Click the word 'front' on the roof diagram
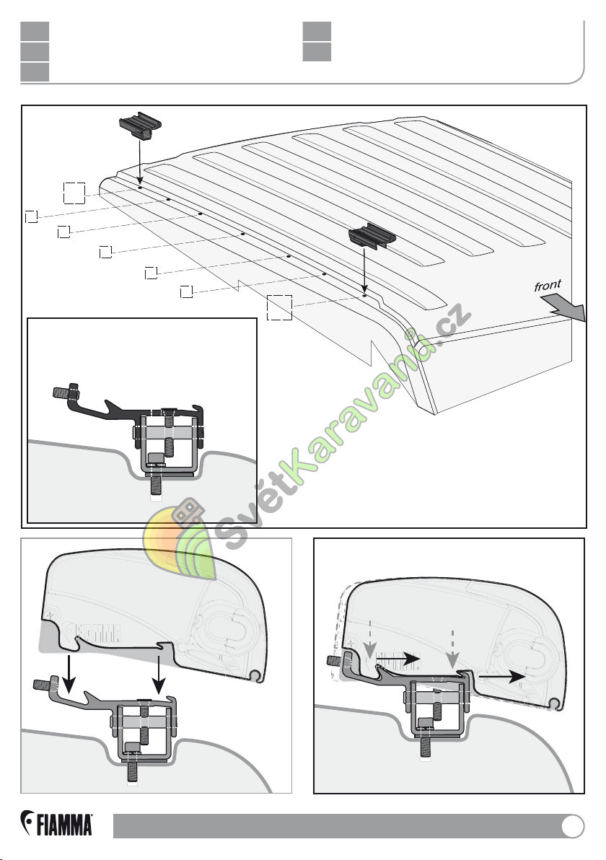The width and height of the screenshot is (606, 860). (x=548, y=286)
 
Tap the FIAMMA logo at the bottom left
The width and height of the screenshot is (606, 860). (x=56, y=823)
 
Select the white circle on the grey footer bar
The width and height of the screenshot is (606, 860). (x=573, y=827)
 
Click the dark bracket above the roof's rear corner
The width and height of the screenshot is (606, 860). (x=141, y=126)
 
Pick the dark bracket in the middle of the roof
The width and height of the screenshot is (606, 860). (x=372, y=236)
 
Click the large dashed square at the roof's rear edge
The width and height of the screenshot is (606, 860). (x=74, y=193)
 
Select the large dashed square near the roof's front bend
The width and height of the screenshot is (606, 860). (x=279, y=307)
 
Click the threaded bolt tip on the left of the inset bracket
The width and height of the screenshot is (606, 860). (x=58, y=392)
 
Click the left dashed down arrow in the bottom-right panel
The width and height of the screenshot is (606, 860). (x=370, y=639)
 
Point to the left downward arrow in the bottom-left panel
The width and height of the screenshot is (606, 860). (x=69, y=674)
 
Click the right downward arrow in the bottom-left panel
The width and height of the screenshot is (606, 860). (x=159, y=674)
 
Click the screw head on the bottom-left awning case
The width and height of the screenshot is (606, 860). (x=51, y=614)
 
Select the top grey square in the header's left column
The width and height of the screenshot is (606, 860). (x=35, y=31)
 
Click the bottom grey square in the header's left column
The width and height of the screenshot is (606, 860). (x=35, y=72)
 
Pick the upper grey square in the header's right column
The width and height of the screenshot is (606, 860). (x=317, y=31)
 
